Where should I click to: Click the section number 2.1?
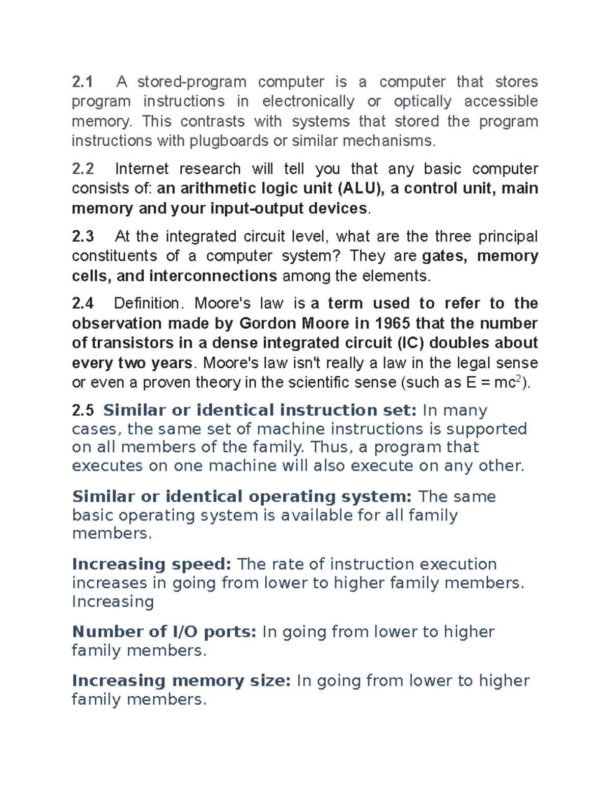click(x=83, y=82)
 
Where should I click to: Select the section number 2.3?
click(x=83, y=237)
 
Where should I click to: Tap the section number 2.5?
click(x=83, y=411)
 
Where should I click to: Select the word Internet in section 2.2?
click(x=142, y=169)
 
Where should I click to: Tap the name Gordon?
click(x=268, y=324)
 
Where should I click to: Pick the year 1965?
click(x=393, y=324)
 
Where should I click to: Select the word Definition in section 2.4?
click(x=147, y=304)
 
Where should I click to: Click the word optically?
click(x=423, y=101)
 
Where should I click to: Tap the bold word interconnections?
click(x=213, y=276)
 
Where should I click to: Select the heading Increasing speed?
click(x=152, y=564)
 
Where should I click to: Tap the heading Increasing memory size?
click(x=181, y=681)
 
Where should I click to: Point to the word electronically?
click(x=308, y=101)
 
